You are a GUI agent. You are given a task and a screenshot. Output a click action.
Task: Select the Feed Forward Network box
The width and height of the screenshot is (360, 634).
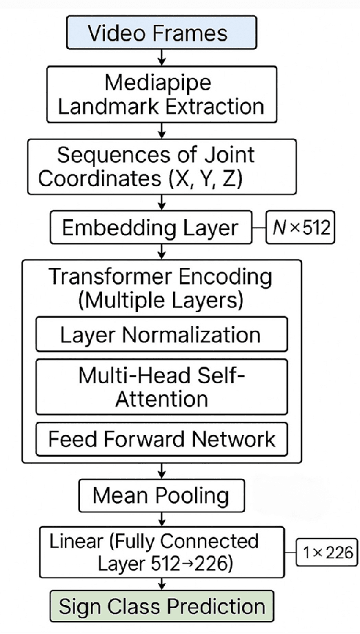click(x=161, y=438)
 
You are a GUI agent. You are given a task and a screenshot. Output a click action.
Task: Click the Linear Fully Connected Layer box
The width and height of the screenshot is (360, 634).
click(x=161, y=551)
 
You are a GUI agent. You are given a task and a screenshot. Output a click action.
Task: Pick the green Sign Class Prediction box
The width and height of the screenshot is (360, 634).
click(x=161, y=606)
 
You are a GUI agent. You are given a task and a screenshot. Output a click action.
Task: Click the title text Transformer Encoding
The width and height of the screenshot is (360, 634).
click(x=161, y=277)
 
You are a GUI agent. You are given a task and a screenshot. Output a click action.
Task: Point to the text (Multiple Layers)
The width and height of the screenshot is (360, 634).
click(x=161, y=301)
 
